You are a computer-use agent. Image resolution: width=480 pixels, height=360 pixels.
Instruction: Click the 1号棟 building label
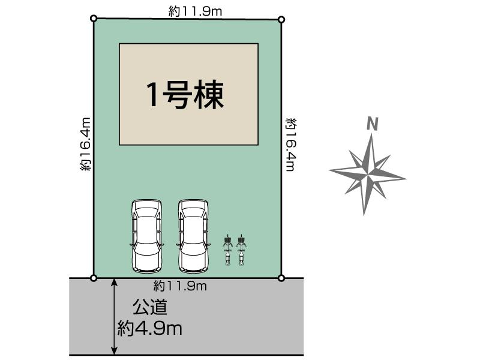185,94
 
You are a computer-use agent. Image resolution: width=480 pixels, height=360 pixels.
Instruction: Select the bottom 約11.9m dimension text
179,286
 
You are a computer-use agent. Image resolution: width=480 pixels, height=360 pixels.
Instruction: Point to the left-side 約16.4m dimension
85,145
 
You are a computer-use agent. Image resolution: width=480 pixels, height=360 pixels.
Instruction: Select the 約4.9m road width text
150,328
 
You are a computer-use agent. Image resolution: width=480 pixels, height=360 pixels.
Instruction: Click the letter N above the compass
373,124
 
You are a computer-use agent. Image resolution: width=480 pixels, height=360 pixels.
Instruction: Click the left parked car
146,235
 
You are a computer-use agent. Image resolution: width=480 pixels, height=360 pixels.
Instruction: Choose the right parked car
193,235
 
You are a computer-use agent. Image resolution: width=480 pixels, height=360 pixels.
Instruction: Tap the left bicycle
227,250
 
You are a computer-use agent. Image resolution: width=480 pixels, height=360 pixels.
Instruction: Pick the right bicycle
241,250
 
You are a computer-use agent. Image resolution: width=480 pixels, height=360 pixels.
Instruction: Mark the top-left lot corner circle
94,19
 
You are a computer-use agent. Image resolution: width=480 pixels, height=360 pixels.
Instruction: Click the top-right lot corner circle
281,19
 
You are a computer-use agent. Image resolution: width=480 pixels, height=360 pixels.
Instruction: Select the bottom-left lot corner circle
94,278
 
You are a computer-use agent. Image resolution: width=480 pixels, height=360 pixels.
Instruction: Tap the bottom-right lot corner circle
281,278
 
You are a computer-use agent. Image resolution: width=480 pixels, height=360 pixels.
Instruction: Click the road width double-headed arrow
114,316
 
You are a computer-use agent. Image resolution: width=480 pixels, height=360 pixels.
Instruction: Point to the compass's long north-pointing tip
371,137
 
